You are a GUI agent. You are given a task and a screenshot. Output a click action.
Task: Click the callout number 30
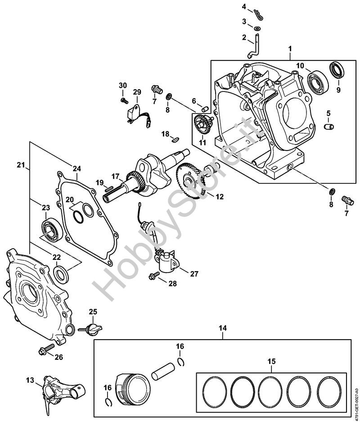[x=122, y=86]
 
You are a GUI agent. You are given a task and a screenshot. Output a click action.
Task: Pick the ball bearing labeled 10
[x=318, y=80]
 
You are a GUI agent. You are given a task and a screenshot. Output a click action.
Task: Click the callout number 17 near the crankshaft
[x=116, y=177]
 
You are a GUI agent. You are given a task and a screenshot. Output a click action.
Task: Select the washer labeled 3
[x=257, y=28]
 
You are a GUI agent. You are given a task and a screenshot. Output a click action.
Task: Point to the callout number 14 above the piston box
[x=223, y=328]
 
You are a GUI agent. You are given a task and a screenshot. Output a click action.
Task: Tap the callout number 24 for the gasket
[x=77, y=169]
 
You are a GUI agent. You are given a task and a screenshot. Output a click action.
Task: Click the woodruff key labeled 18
[x=175, y=139]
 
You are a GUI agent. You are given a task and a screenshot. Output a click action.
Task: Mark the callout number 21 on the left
[x=21, y=165]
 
